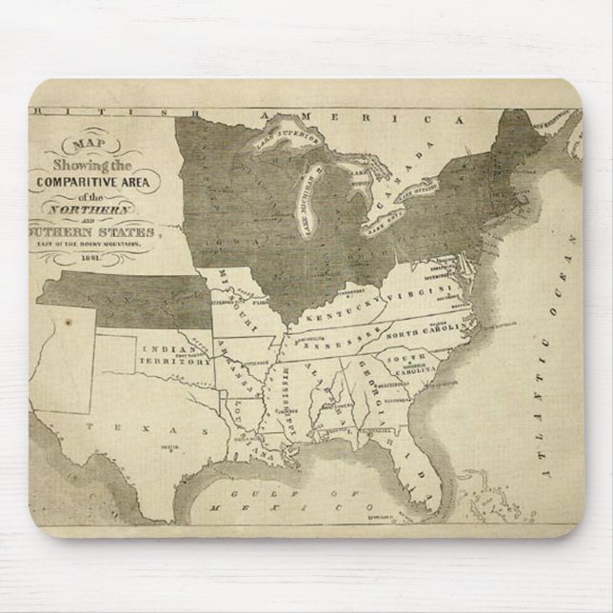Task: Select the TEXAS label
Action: pos(146,428)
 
